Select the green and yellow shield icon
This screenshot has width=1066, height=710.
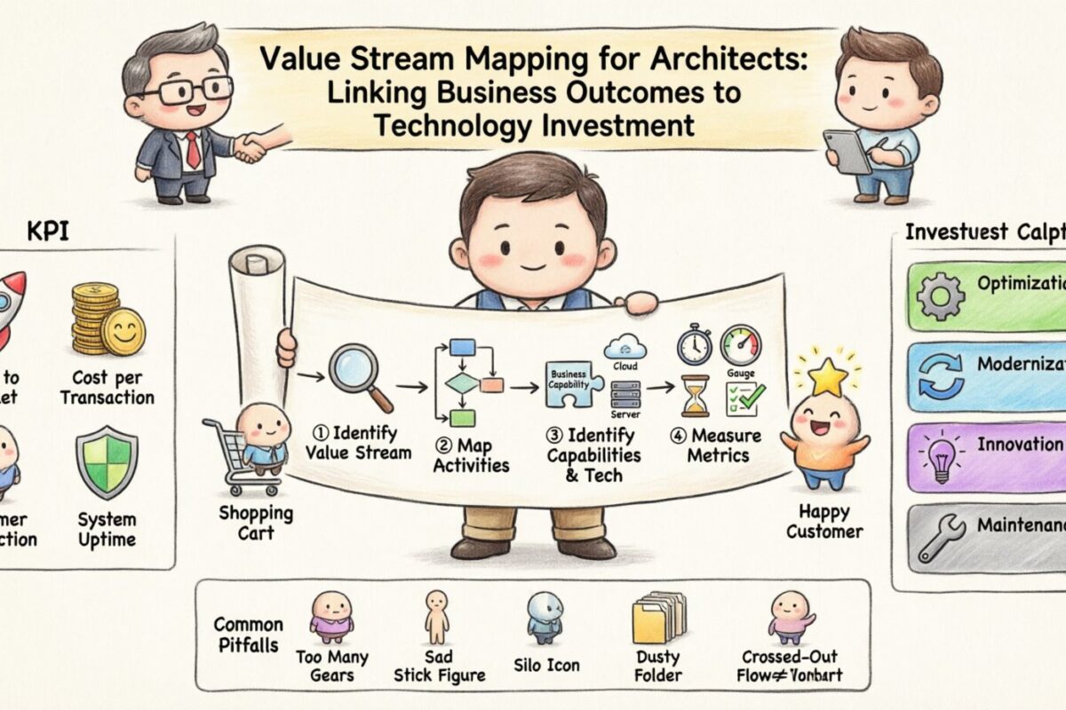point(106,461)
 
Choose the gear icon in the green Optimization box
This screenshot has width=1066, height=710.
point(939,296)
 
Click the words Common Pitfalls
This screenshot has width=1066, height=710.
point(249,635)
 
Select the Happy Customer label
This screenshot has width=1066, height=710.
point(824,522)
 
